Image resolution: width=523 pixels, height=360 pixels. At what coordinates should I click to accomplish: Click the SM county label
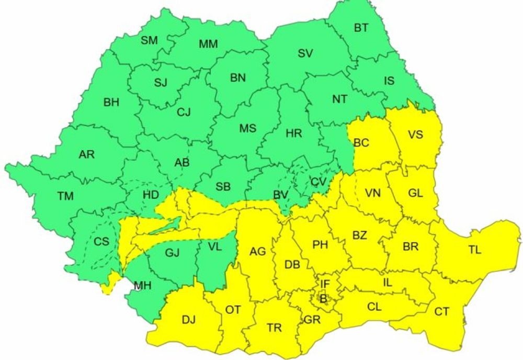click(x=149, y=41)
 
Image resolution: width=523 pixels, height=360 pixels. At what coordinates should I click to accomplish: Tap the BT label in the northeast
click(x=361, y=28)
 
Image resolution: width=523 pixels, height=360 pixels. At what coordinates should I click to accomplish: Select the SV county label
click(x=305, y=53)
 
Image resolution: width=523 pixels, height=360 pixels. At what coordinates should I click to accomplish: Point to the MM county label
click(x=208, y=44)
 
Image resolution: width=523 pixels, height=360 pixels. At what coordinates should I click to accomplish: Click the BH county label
click(x=111, y=103)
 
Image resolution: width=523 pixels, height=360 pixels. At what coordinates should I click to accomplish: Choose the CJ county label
click(x=184, y=111)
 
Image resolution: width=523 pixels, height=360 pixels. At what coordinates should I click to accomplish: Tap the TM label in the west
click(x=65, y=196)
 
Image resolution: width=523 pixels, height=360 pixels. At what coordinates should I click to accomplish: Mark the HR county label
click(x=294, y=133)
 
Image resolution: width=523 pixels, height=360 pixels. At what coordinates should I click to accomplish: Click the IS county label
click(x=389, y=81)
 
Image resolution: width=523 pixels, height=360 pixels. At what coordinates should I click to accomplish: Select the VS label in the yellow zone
click(x=415, y=134)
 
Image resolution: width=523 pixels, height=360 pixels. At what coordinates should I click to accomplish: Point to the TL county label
click(x=474, y=250)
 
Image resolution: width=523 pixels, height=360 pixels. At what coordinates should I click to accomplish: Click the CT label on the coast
click(x=442, y=312)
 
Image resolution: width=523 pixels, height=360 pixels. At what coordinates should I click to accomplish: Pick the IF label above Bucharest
click(x=325, y=284)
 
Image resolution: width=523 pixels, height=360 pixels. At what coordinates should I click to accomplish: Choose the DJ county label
click(x=188, y=320)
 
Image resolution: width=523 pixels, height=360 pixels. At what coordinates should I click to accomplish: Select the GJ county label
click(x=172, y=253)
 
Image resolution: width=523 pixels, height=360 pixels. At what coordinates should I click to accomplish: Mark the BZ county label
click(x=359, y=235)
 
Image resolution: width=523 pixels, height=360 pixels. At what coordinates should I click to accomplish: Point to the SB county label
click(x=223, y=187)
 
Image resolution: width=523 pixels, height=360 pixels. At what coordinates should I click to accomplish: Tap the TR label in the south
click(x=274, y=328)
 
